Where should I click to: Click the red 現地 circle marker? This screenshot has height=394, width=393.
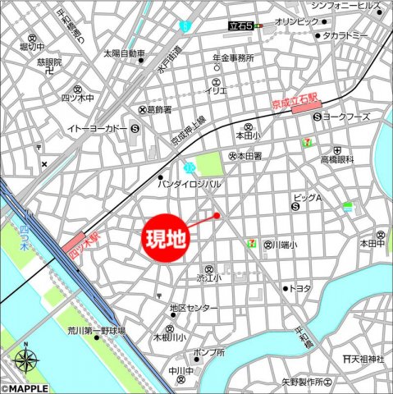click(166, 240)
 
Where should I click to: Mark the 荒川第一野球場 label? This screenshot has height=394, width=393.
click(96, 331)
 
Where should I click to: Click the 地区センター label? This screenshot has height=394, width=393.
click(194, 309)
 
